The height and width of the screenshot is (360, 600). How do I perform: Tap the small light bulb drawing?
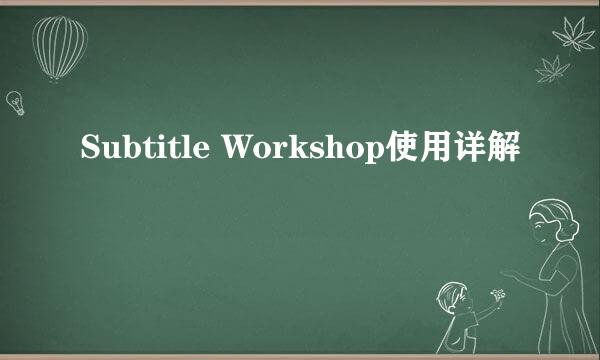coord(15,100)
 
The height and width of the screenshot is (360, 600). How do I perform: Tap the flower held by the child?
coord(497,296)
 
